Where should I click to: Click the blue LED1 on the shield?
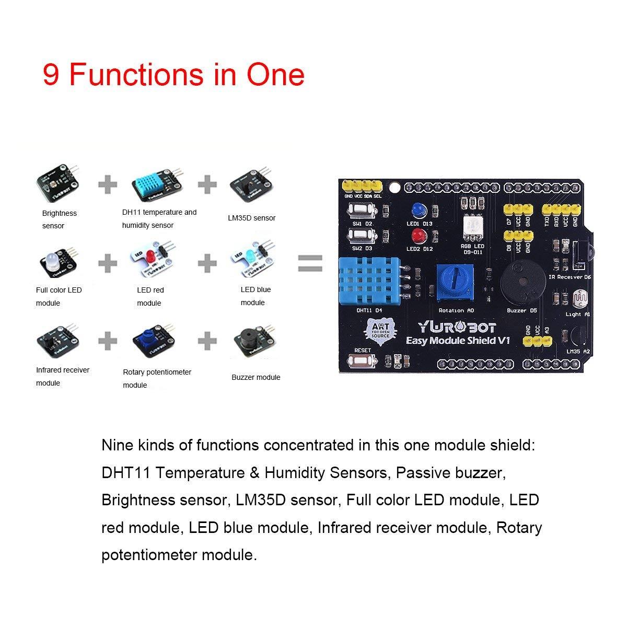417,210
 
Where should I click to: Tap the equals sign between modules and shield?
310,263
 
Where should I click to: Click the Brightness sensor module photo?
57,183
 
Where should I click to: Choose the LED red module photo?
151,259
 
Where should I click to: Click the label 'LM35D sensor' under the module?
252,218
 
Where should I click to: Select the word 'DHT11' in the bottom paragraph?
125,473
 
